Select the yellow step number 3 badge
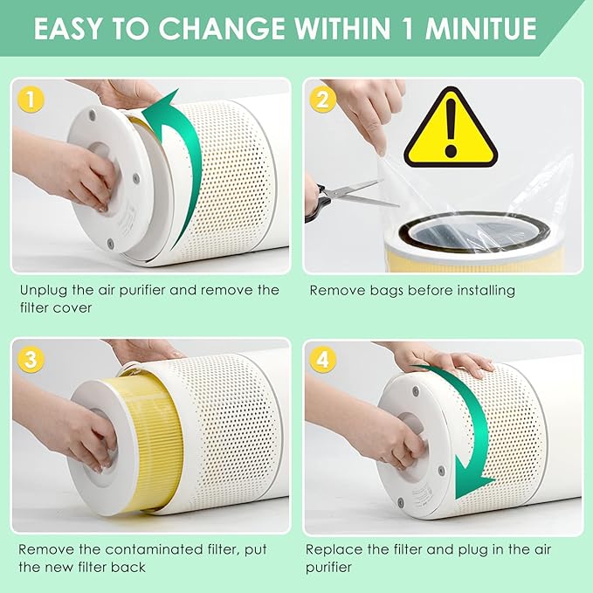point(31,360)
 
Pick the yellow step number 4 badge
point(322,360)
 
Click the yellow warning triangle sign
point(450,131)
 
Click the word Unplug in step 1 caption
point(42,290)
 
